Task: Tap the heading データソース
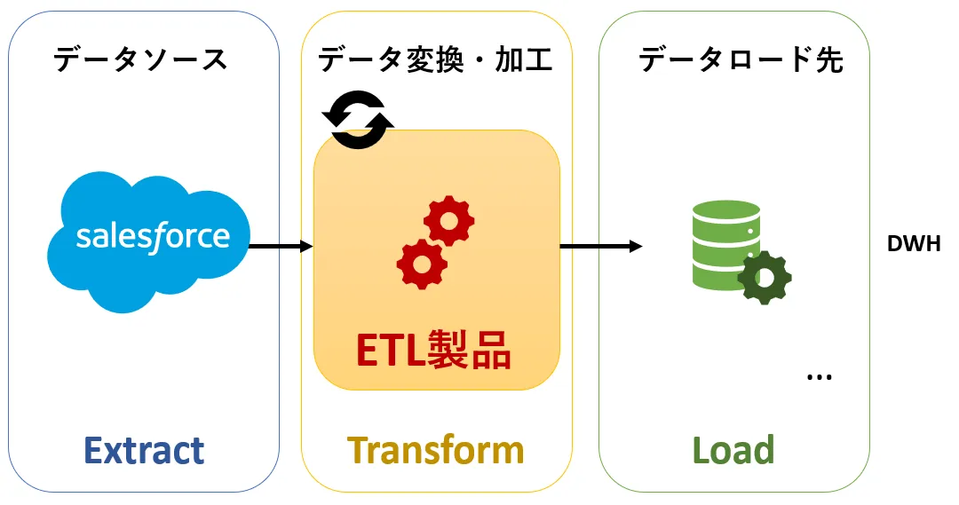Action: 140,59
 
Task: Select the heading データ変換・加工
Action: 435,59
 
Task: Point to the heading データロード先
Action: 741,59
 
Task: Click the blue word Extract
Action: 144,451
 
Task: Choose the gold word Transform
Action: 435,450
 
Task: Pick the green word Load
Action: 733,450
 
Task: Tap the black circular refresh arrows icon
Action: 358,119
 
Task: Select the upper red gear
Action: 448,221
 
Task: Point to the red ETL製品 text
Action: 433,351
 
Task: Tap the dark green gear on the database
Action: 764,277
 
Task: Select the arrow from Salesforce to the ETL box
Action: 281,246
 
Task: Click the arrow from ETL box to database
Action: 600,246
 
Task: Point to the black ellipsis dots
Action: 819,378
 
